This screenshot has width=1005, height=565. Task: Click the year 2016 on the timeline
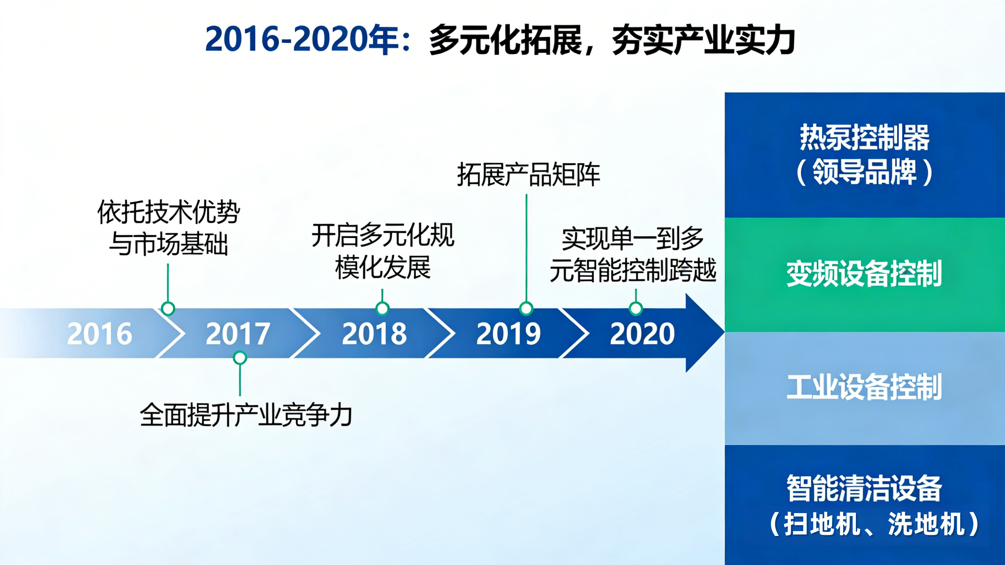click(99, 334)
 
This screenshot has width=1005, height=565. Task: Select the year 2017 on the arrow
click(238, 334)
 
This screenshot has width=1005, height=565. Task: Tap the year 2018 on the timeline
click(374, 334)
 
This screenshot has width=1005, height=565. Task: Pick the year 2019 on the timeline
click(509, 334)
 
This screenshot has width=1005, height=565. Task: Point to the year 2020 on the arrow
click(642, 334)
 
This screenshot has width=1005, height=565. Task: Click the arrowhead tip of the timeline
click(724, 333)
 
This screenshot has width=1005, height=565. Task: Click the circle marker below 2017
click(240, 358)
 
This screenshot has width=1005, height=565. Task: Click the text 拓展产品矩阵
click(529, 175)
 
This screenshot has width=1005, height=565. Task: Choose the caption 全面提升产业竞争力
click(246, 415)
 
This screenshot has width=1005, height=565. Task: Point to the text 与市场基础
click(169, 244)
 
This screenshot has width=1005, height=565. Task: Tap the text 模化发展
click(383, 268)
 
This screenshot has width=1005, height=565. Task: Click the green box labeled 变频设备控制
click(864, 275)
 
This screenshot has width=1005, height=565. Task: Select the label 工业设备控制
click(864, 387)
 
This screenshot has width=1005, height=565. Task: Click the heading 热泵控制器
click(864, 137)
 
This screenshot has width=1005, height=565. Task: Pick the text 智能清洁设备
click(864, 488)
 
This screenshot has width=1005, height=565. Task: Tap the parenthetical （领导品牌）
click(864, 172)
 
